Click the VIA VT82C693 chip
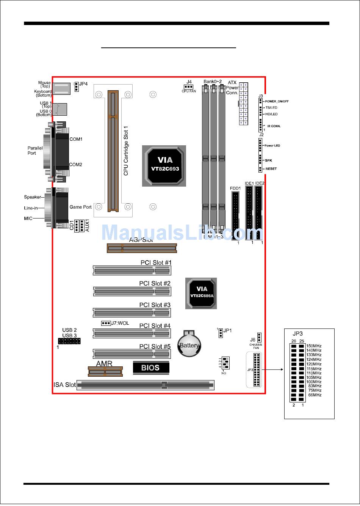point(164,165)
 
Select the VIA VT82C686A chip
point(201,293)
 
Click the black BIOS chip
point(151,368)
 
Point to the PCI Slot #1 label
point(156,262)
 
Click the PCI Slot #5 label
point(155,346)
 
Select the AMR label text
point(104,363)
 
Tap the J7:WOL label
point(120,323)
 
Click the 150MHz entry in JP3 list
point(314,346)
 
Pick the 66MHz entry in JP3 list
point(315,395)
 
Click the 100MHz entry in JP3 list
point(314,382)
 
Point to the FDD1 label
point(235,188)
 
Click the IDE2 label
point(260,184)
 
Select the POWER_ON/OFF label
point(277,101)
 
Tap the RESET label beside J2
point(271,169)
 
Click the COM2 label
point(75,165)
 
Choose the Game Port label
point(80,207)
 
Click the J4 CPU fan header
point(189,86)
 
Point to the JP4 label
point(83,84)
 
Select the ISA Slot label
point(65,385)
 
